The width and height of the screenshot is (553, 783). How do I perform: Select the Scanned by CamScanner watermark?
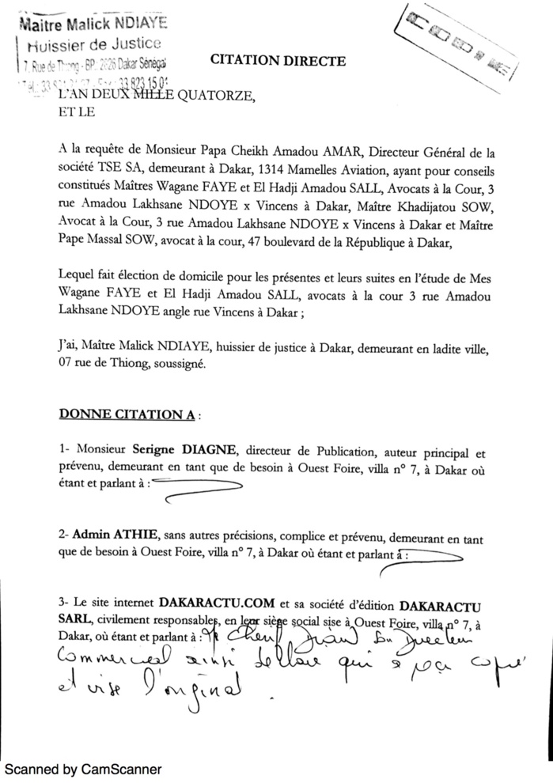click(82, 769)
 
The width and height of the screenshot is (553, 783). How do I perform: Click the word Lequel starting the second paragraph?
click(79, 277)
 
